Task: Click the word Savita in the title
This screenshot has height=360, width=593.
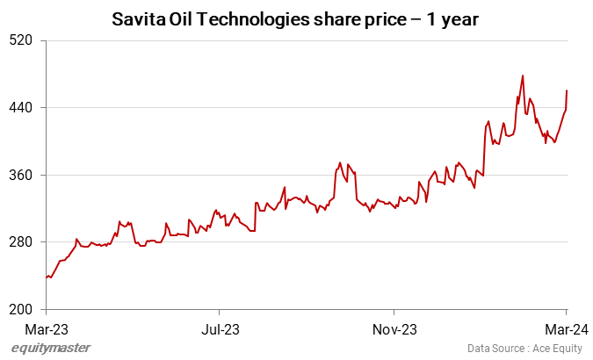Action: tap(137, 18)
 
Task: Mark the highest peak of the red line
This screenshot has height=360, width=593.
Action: tap(523, 76)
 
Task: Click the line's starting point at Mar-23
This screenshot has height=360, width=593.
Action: tap(46, 278)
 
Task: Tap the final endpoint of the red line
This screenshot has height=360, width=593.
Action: tap(567, 90)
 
